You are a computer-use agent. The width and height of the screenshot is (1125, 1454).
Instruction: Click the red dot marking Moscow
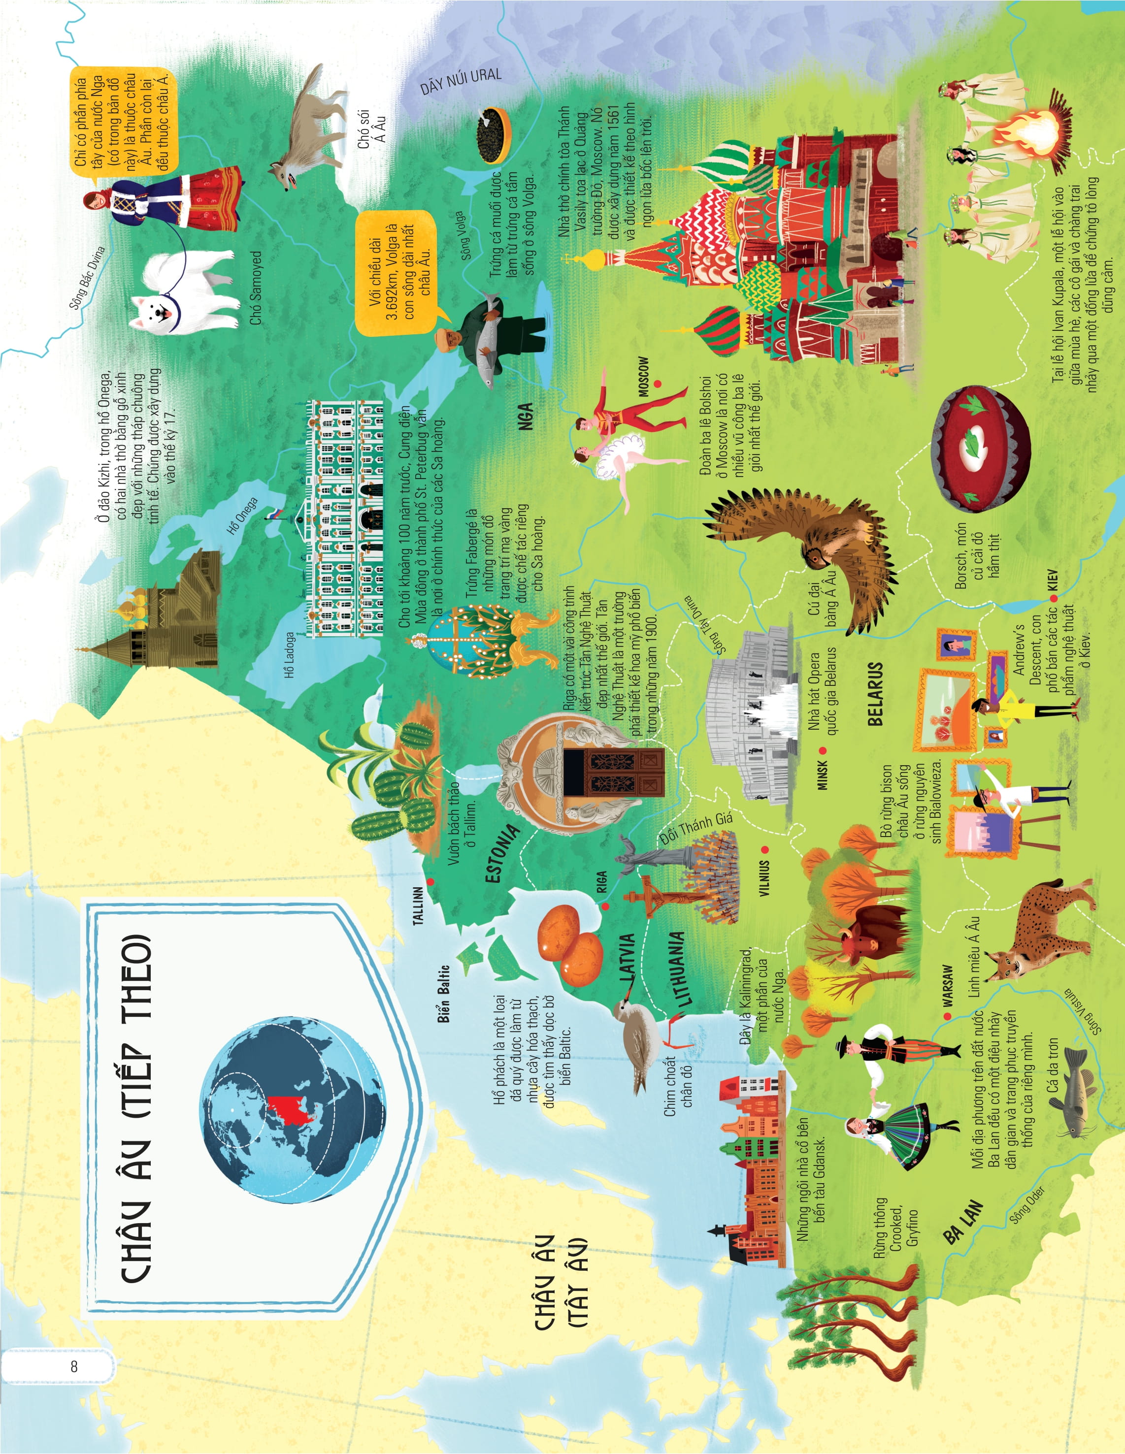pyautogui.click(x=658, y=384)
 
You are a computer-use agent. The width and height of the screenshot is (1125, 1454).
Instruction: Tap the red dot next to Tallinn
pyautogui.click(x=431, y=882)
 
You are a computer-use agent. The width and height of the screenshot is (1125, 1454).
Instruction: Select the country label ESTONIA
pyautogui.click(x=501, y=854)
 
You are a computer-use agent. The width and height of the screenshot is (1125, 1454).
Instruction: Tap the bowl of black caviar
pyautogui.click(x=494, y=136)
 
